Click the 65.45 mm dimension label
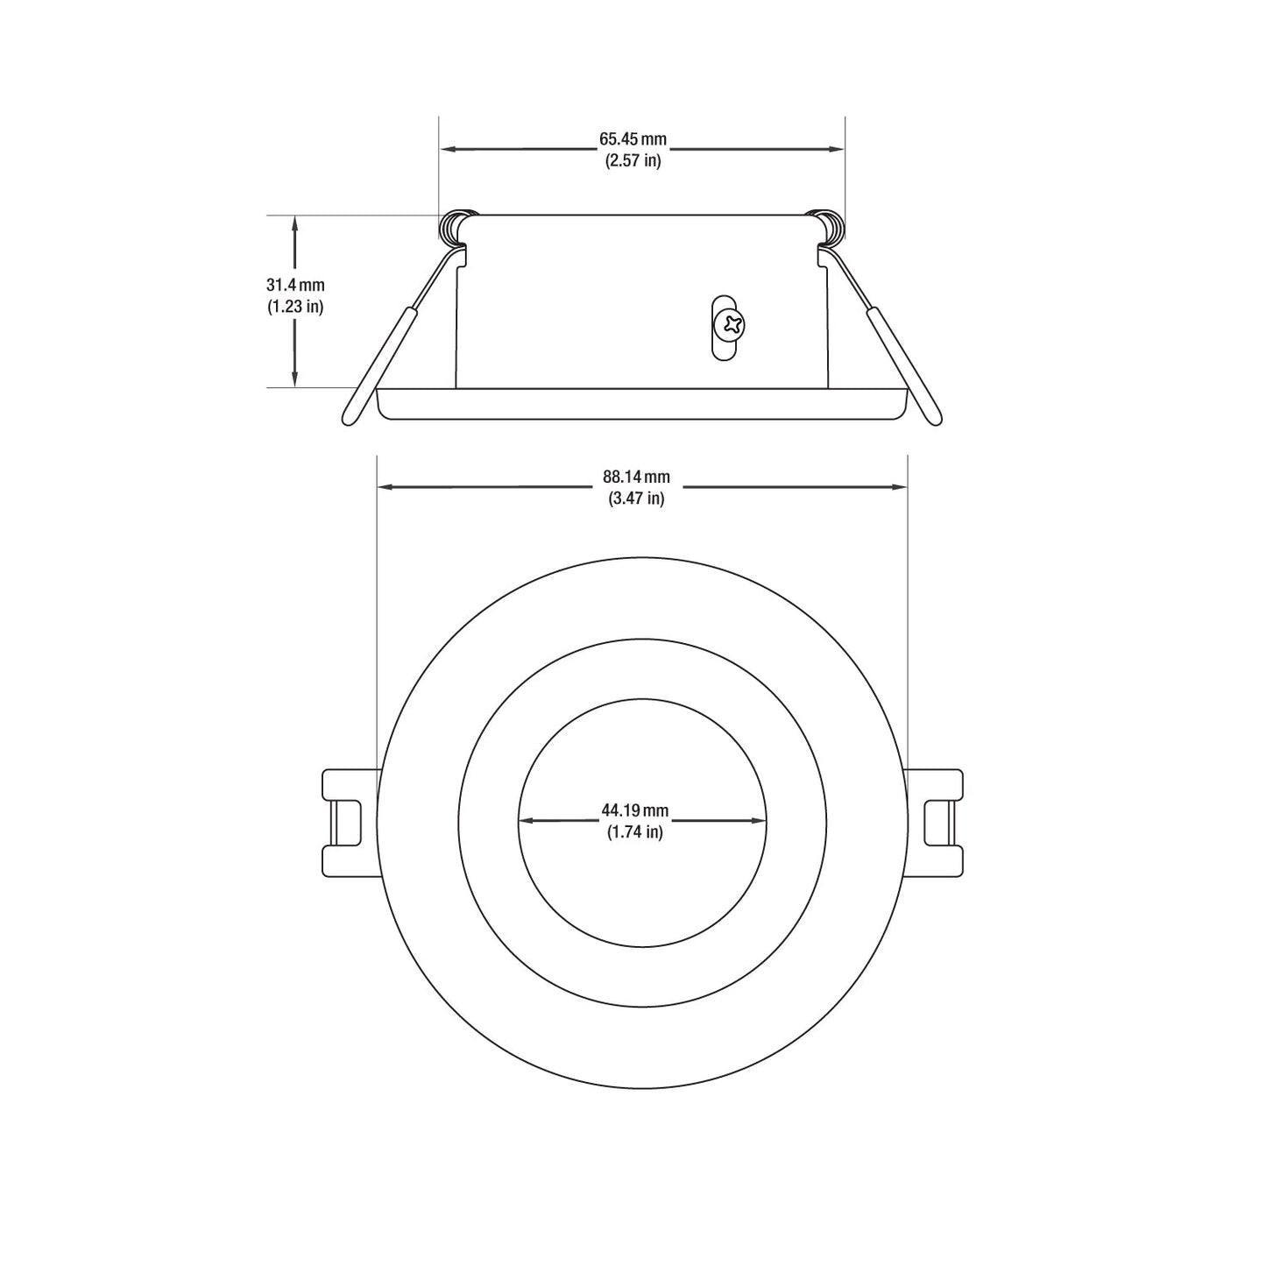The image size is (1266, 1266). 633,139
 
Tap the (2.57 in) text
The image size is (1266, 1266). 633,161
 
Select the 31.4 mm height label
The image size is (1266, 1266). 295,285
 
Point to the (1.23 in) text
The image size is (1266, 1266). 295,307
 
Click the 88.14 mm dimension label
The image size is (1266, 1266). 636,477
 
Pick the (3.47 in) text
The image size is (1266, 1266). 636,499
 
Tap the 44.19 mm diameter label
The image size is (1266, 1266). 634,810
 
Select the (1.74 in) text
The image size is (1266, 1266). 634,832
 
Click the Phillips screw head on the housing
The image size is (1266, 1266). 732,324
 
